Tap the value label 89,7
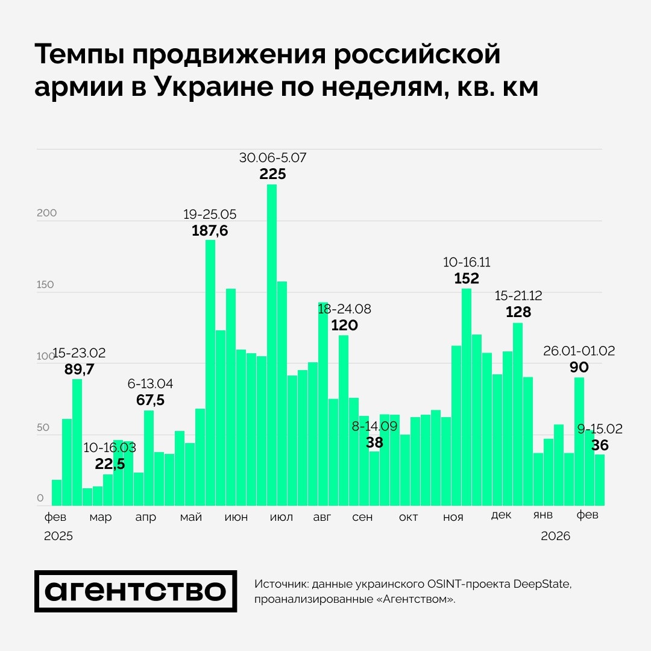coord(79,370)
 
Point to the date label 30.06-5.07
coord(272,159)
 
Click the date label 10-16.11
coord(467,262)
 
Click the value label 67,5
coord(146,400)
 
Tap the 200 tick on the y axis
coord(46,213)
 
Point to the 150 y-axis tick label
coord(46,285)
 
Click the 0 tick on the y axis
coord(40,498)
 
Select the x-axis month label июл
coord(281,518)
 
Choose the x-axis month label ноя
coord(453,518)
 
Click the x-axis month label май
coord(191,518)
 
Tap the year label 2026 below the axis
coord(555,536)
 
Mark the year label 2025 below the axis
coord(58,536)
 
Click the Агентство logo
coord(136,591)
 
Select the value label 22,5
coord(111,464)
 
